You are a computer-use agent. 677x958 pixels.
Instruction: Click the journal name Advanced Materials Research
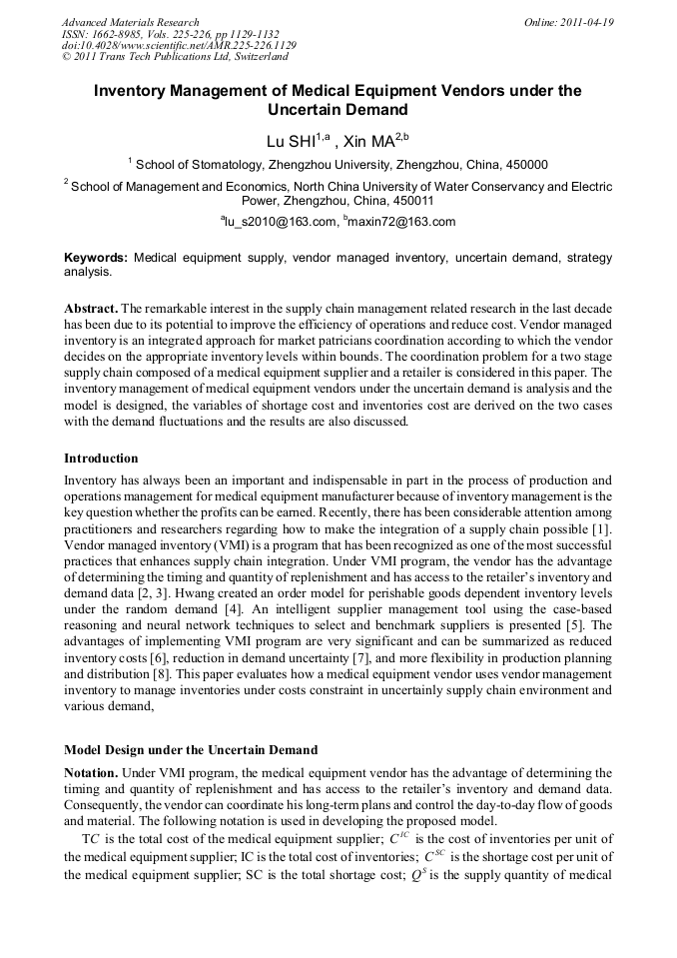tap(130, 22)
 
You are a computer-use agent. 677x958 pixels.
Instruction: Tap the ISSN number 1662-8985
tap(127, 34)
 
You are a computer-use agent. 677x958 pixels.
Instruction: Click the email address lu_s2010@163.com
tap(279, 222)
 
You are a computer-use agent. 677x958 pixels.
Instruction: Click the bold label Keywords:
tap(96, 258)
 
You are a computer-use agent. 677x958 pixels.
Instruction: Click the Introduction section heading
tap(101, 459)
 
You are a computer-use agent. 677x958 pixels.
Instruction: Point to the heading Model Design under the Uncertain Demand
tap(191, 750)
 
